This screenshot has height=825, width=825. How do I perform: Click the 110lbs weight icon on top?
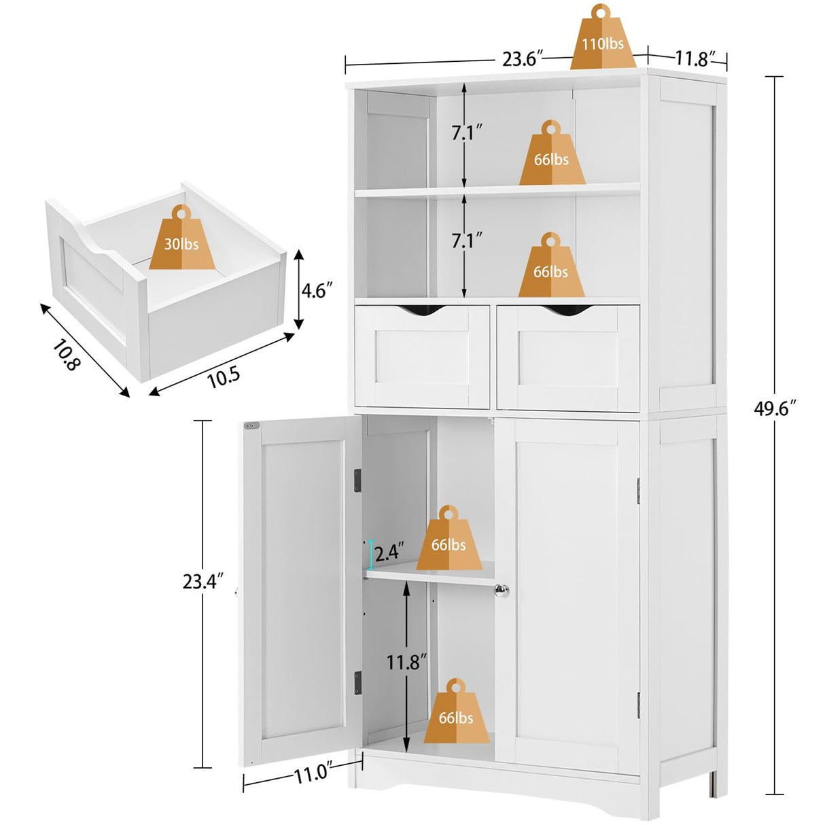[602, 41]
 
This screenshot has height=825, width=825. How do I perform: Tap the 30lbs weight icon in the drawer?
[181, 240]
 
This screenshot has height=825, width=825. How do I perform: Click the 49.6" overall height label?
[774, 408]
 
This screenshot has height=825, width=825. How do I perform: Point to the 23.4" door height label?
[203, 582]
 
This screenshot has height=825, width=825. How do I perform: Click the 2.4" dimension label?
[389, 552]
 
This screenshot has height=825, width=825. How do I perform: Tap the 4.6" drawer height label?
[317, 290]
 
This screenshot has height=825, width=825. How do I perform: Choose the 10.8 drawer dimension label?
[67, 354]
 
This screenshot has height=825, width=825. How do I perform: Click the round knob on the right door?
[502, 591]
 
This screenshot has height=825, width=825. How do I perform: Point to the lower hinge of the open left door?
[357, 682]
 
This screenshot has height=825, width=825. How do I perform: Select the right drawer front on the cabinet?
[568, 357]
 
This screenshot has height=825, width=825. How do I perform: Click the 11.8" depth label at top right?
[692, 58]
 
